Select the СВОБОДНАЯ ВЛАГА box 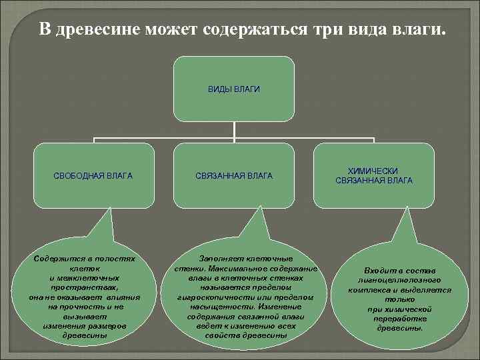coord(93,176)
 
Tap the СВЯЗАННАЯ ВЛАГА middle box coord(234,176)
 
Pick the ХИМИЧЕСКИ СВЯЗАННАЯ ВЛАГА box coord(374,176)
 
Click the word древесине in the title coord(98,30)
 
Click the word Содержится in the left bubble coord(56,258)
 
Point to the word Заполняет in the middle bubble coord(223,257)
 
